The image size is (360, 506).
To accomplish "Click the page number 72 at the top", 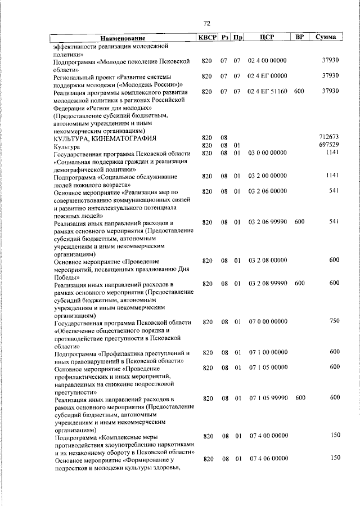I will coord(206,23).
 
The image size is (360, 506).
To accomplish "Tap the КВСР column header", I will coord(206,37).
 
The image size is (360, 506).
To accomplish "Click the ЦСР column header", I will coord(267,37).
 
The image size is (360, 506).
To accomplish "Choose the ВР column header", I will coord(300,37).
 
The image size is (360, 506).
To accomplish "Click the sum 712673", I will coord(328,137).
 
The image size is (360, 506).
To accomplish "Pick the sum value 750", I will coord(334,321).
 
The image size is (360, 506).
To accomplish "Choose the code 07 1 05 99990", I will coord(268,397).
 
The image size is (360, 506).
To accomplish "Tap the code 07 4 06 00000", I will coord(268,459).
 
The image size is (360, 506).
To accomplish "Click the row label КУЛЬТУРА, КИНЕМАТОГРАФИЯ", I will coord(105,138).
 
